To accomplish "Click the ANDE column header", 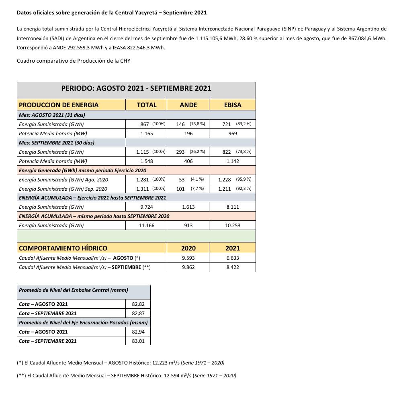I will coord(188,105).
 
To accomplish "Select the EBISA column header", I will coord(232,105).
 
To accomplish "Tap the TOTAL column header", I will coord(146,105).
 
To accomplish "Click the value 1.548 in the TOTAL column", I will coord(146,161).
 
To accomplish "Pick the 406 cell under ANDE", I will coord(188,161).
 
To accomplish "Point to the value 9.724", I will coord(146,207).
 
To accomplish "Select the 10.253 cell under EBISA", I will coord(232,226).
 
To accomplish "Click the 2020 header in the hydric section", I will coord(188,248).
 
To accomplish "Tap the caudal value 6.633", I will coord(232,258).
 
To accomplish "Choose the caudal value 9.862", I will coord(188,267).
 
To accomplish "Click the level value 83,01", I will coord(138,341).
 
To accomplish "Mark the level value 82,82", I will coord(138,304).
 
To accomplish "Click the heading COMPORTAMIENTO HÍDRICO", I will coord(63,248).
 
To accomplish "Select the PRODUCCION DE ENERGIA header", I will coord(59,105).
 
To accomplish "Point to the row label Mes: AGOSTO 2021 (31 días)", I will coord(52,115).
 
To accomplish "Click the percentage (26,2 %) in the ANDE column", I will coord(197,152).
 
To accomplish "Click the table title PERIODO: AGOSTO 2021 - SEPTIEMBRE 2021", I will coord(136,88).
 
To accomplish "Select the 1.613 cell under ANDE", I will coord(188,207).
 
